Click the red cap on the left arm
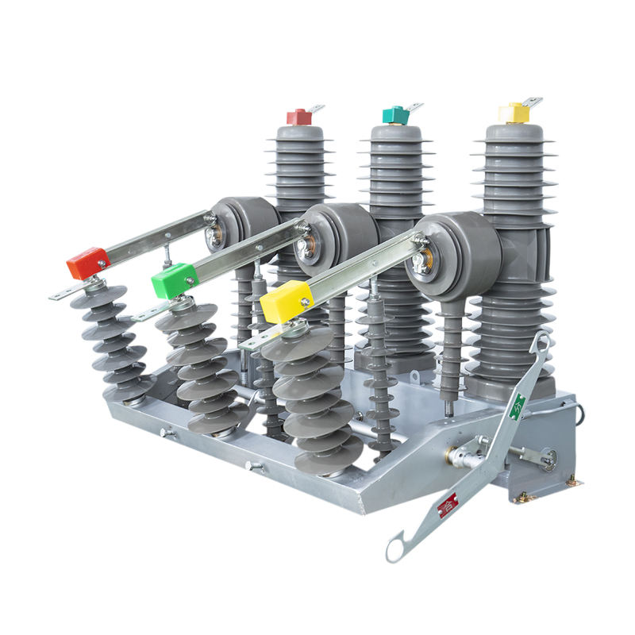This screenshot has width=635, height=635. (x=87, y=263)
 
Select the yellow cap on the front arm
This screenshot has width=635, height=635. (x=285, y=302)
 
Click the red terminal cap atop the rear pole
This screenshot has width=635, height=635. (x=299, y=117)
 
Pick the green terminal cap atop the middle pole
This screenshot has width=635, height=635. (x=394, y=115)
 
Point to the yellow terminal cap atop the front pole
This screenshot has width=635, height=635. (x=514, y=114)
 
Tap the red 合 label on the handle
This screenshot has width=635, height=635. (x=448, y=503)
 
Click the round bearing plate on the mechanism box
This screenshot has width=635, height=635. (x=547, y=458)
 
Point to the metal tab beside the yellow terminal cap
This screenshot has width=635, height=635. (x=533, y=102)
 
